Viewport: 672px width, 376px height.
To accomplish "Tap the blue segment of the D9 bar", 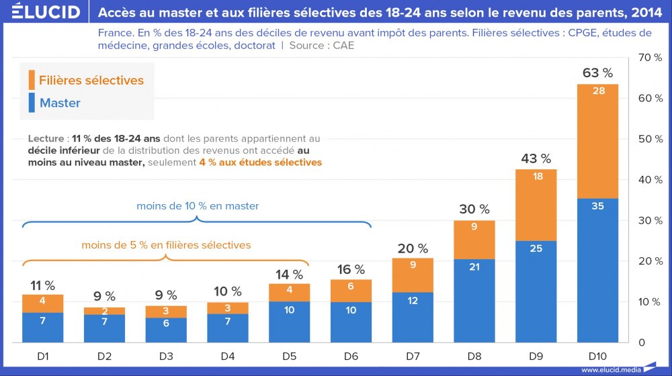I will (x=536, y=291).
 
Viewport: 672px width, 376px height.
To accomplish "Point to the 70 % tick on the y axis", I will (x=649, y=58).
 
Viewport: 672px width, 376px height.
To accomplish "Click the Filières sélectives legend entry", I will (x=91, y=80).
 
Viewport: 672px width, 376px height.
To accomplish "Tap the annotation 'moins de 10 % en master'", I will (x=198, y=206).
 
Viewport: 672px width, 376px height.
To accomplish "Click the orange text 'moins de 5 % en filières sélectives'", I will (x=166, y=245).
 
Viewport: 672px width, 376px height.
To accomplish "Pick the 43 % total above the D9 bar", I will (x=536, y=159).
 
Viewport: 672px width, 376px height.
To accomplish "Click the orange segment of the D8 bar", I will (x=474, y=240).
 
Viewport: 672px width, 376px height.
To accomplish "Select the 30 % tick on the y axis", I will (x=649, y=220).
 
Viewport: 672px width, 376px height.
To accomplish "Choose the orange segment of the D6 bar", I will (x=351, y=291).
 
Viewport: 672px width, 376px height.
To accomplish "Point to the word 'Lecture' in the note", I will (x=46, y=138).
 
